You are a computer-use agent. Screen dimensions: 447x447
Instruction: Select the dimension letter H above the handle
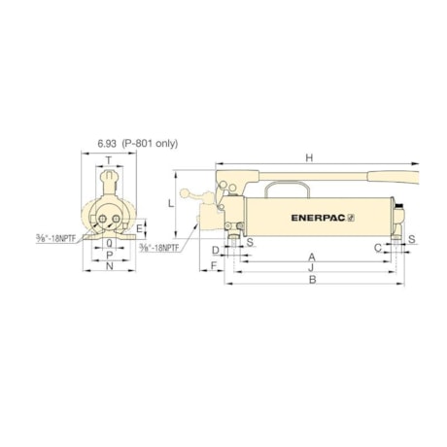coord(309,157)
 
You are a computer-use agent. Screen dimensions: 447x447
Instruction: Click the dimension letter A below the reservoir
coord(311,258)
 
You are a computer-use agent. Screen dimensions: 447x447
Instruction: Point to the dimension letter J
coord(311,269)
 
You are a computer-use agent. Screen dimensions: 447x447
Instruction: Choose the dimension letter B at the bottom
coord(311,281)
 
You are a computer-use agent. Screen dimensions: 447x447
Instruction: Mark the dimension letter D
coord(215,250)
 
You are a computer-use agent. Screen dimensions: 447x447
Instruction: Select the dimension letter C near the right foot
coord(378,249)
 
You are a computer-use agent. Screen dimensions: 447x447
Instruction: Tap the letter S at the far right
coord(412,238)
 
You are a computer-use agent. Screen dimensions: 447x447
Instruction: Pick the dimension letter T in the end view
coord(108,162)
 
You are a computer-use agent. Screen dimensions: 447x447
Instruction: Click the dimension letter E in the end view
coord(140,230)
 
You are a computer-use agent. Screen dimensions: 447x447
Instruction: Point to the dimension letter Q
coord(108,244)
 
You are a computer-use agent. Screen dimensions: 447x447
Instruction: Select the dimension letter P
coord(109,256)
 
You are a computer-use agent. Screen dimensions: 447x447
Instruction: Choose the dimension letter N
coord(109,268)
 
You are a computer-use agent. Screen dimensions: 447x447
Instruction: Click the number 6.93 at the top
coord(109,143)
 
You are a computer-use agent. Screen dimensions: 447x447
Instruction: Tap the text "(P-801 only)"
coord(152,143)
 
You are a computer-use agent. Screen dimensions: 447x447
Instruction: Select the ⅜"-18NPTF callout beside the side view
coord(158,249)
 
